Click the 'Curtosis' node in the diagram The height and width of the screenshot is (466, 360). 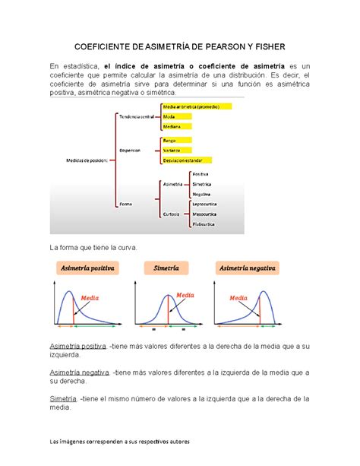click(172, 214)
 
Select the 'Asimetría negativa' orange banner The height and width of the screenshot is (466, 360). click(248, 269)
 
